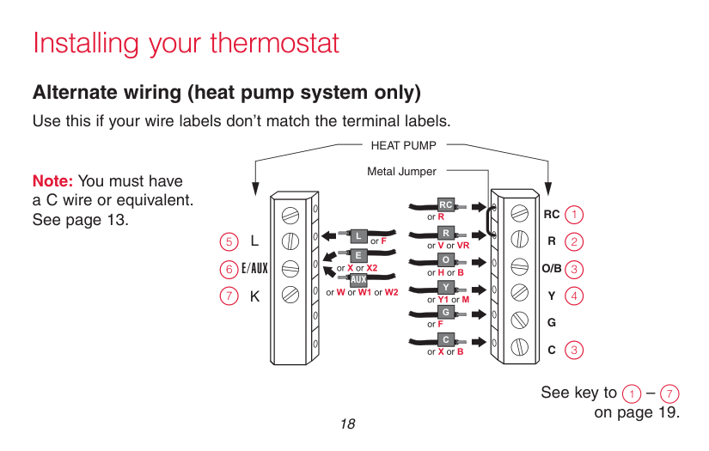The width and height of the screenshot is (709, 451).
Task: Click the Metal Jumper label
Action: coord(401,172)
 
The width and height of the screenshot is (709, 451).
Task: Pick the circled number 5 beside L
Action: coord(228,241)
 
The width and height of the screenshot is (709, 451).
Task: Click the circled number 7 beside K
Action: coord(228,296)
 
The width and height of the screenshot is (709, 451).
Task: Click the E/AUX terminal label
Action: coord(254,269)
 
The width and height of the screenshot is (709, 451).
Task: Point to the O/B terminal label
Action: coord(551,269)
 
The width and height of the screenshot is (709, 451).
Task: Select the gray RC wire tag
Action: coord(446,205)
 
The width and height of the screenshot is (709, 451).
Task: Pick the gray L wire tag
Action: coord(359,235)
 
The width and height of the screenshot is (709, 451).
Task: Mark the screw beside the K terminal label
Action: coord(290,296)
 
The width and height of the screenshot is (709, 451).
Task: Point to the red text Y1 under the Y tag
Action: coord(443,300)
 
